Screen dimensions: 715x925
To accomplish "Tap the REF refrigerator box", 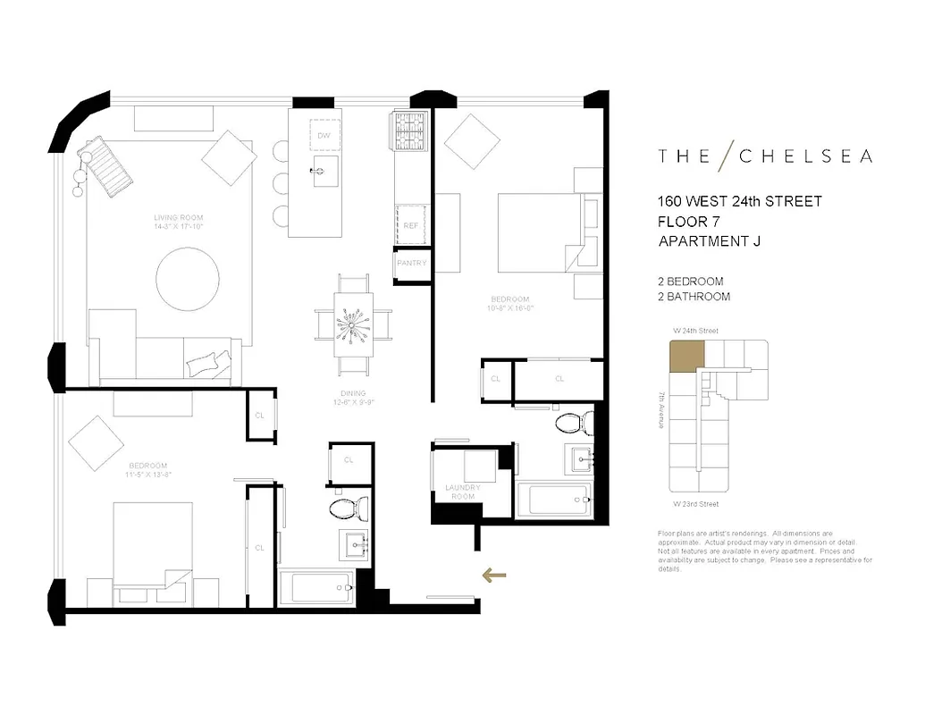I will pyautogui.click(x=411, y=225).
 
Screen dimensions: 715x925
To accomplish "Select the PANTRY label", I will pyautogui.click(x=412, y=264).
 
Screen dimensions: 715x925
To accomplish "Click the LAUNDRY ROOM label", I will pyautogui.click(x=462, y=492).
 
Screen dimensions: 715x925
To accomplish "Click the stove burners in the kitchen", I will pyautogui.click(x=412, y=132).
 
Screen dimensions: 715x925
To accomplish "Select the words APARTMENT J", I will pyautogui.click(x=710, y=240).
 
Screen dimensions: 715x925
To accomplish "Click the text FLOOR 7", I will pyautogui.click(x=688, y=221).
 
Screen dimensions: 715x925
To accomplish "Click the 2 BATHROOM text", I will pyautogui.click(x=694, y=297).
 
